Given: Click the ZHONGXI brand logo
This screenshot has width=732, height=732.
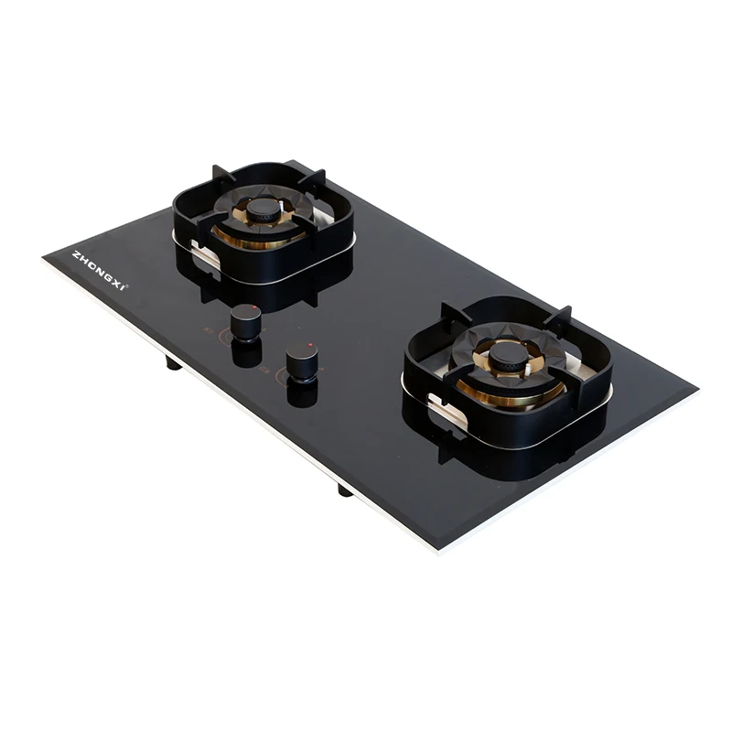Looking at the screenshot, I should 99,268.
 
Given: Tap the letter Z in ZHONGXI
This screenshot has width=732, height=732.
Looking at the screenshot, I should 75,253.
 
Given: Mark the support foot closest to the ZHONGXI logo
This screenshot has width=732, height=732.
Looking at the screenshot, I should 172,363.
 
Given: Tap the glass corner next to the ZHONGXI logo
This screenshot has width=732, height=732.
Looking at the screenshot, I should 44,260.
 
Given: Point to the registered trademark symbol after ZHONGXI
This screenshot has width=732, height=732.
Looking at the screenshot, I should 128,286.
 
